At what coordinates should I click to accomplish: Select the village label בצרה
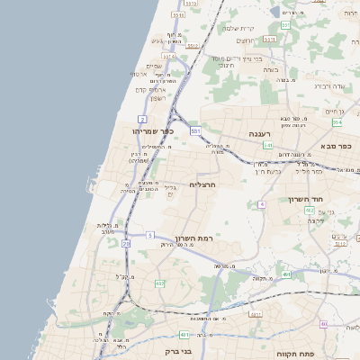(x=271, y=68)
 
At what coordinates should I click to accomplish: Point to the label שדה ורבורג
(x=330, y=85)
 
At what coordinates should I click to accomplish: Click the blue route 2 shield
(x=142, y=119)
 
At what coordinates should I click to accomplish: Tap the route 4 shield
(x=261, y=204)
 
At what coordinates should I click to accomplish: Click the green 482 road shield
(x=160, y=283)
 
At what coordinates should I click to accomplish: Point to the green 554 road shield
(x=337, y=122)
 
